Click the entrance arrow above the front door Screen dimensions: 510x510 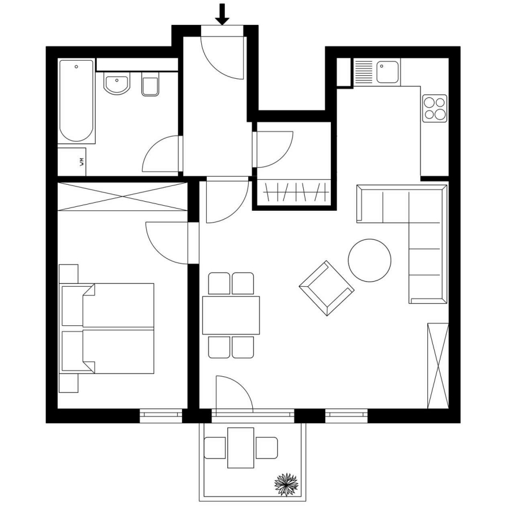(222, 14)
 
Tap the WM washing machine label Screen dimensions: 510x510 (82, 162)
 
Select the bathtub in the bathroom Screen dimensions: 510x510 (76, 101)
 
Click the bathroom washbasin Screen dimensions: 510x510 (116, 83)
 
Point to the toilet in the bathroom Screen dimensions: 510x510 (150, 84)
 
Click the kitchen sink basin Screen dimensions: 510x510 (388, 72)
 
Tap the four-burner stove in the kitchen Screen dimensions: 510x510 (435, 108)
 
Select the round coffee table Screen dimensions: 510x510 (369, 260)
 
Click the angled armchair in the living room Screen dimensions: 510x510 (326, 288)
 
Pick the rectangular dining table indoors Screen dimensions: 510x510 (231, 315)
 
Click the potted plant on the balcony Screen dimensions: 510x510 (286, 484)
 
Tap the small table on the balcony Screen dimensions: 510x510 (241, 448)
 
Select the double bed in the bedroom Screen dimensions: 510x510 (107, 328)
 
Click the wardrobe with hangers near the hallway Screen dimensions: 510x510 (294, 192)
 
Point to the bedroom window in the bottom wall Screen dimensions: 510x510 (161, 416)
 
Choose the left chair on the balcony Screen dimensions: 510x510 (215, 448)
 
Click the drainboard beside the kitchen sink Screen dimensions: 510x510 (364, 72)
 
